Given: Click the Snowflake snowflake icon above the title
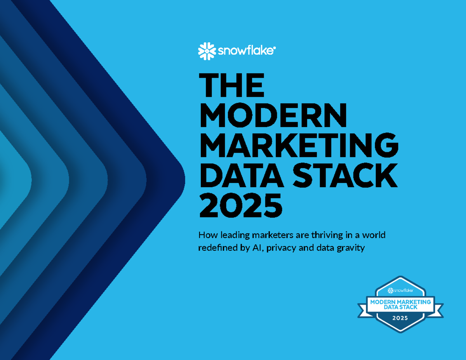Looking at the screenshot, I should [207, 51].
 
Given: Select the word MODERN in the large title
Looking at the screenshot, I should [273, 116].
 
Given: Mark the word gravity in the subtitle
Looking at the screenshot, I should [351, 248].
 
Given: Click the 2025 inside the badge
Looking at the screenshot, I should [400, 318].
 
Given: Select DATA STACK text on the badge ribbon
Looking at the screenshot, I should [400, 307].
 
